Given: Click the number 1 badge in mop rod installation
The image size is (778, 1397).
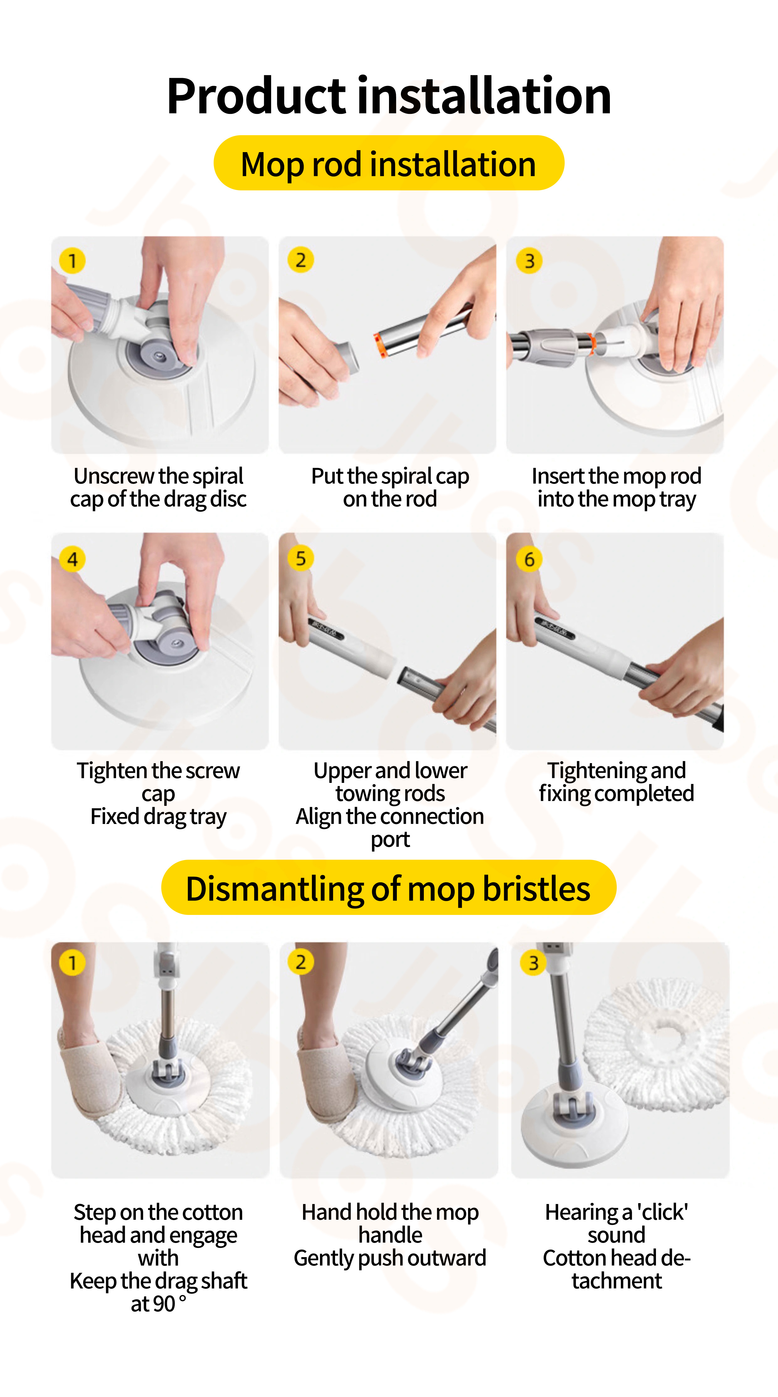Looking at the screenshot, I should pyautogui.click(x=72, y=261).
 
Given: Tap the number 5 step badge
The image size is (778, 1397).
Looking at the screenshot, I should pyautogui.click(x=301, y=558).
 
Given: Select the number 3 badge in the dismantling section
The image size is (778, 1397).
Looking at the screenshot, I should pyautogui.click(x=533, y=963).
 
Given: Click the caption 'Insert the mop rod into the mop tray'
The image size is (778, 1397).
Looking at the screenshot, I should pyautogui.click(x=616, y=487).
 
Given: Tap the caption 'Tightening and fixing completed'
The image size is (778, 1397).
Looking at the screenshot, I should pyautogui.click(x=616, y=782).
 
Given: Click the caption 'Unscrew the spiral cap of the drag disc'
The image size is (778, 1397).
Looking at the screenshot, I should pyautogui.click(x=158, y=487).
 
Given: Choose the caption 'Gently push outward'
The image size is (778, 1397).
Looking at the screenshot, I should pyautogui.click(x=390, y=1258).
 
